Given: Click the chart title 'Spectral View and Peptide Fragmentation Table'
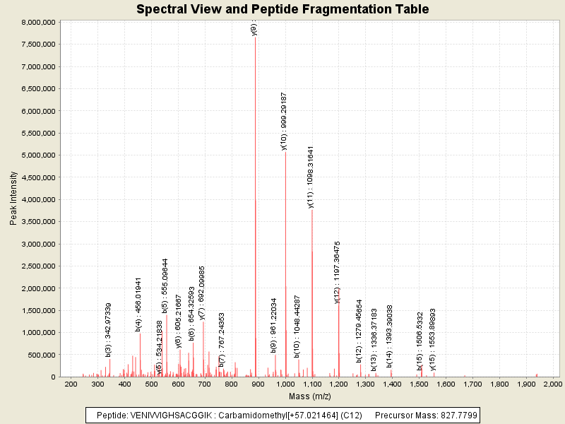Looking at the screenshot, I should click(282, 9).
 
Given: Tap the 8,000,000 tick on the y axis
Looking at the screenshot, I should click(37, 22).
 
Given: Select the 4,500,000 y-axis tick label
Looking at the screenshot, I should click(37, 177).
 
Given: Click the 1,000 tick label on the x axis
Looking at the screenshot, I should click(285, 384).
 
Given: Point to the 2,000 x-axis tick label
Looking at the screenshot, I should click(553, 384).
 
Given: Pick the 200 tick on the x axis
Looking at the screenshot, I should click(71, 384).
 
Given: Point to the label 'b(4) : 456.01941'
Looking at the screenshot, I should click(139, 304).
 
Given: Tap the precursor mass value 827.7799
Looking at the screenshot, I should click(456, 416).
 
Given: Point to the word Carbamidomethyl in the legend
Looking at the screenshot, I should click(246, 416).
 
